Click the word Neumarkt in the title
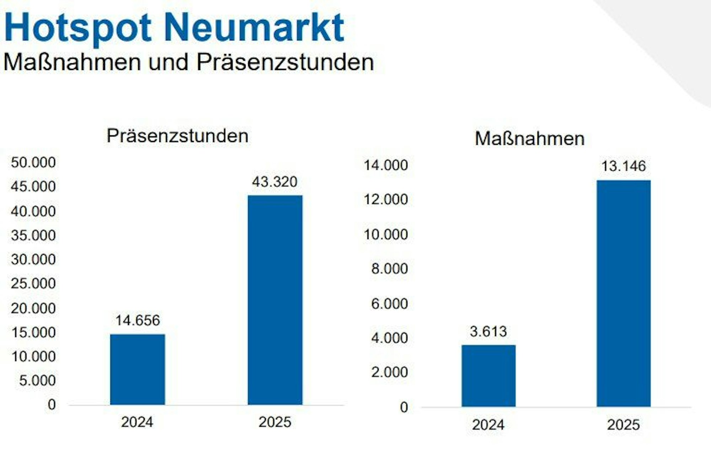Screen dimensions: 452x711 tap(254, 28)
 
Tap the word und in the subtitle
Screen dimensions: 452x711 tap(168, 63)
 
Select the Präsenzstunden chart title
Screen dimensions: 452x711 tap(177, 136)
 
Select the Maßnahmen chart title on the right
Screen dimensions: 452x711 tap(530, 138)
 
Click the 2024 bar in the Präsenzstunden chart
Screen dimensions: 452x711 tap(138, 369)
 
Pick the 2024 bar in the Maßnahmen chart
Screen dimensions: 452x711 tap(488, 376)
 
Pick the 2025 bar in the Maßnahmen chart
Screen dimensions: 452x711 tap(624, 293)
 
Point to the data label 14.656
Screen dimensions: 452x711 tap(138, 320)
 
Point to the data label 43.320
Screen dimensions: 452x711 tap(274, 182)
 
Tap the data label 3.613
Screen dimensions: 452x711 tap(488, 332)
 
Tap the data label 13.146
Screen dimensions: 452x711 tap(624, 166)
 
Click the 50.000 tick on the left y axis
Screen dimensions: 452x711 tap(33, 162)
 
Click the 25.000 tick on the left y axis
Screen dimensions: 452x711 tap(33, 283)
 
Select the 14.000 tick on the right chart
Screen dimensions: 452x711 tap(386, 165)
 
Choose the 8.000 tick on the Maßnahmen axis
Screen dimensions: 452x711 tap(390, 269)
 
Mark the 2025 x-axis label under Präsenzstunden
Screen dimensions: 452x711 tap(275, 422)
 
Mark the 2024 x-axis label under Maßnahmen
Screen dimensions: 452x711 tap(488, 425)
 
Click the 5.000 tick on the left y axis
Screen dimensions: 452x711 tap(37, 380)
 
